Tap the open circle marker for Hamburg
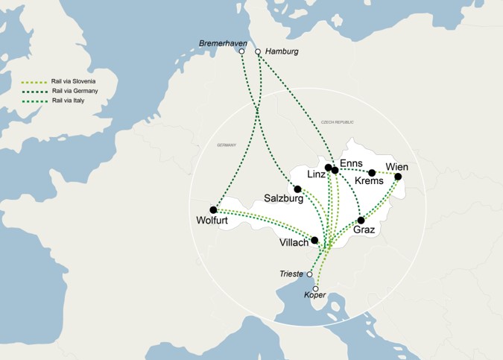(x=259, y=51)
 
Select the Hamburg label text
(x=282, y=51)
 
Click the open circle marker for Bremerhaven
(x=242, y=51)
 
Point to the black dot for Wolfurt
(x=213, y=209)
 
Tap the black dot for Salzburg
(x=297, y=189)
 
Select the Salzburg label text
(x=284, y=199)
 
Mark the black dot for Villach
(x=314, y=240)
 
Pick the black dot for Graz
(x=361, y=220)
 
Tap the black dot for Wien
(x=398, y=177)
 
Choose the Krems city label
(x=369, y=181)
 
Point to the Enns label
(x=350, y=163)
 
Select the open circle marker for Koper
(x=316, y=288)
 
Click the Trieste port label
(x=291, y=274)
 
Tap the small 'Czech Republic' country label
(x=337, y=121)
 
